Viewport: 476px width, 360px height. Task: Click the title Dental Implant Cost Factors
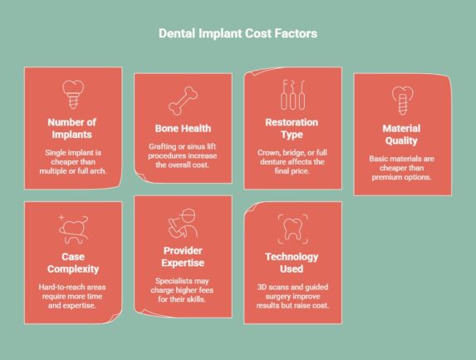click(238, 34)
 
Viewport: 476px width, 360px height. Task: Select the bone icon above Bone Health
click(183, 101)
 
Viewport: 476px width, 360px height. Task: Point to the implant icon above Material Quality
click(402, 100)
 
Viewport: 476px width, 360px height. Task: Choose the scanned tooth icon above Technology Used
click(292, 228)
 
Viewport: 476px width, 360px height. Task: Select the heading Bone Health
click(183, 128)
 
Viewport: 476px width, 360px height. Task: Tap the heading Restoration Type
click(292, 129)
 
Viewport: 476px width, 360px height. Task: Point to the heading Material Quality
click(402, 135)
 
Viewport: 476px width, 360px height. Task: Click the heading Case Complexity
click(73, 263)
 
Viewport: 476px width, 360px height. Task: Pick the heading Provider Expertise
click(183, 257)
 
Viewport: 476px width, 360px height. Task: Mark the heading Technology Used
click(292, 264)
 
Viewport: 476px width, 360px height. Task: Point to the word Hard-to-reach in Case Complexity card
click(61, 287)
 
